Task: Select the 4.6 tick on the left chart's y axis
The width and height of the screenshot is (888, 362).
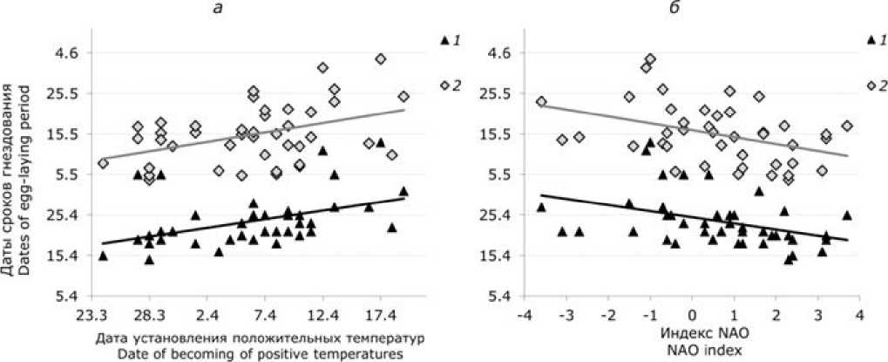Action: (x=67, y=53)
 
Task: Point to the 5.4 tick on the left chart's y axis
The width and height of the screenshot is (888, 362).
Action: (x=67, y=296)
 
